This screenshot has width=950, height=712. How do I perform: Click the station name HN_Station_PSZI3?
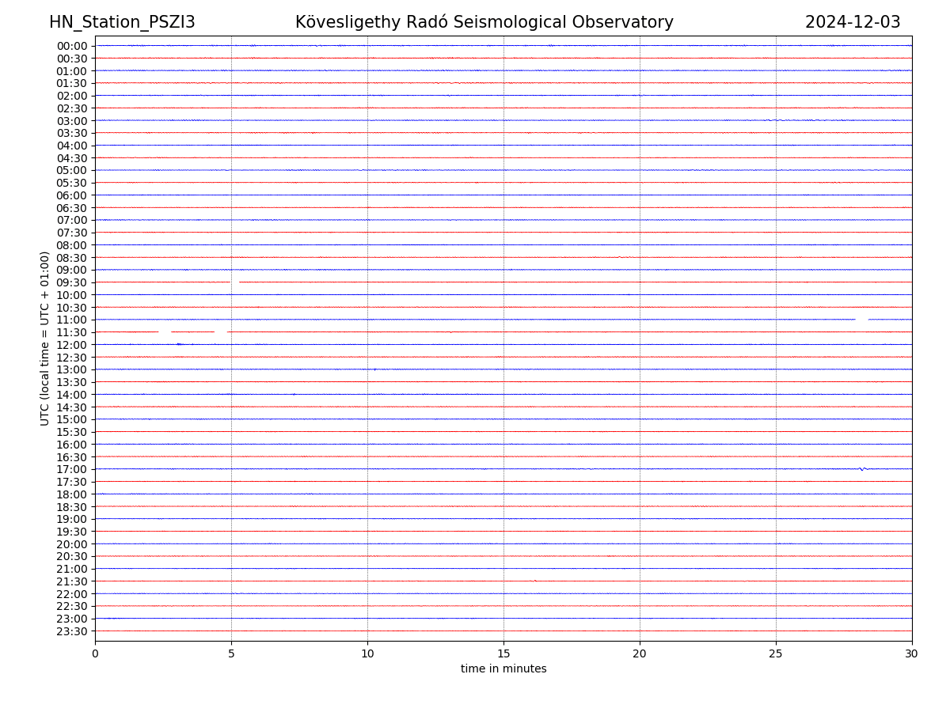[122, 22]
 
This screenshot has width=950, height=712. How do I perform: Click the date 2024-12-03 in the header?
[853, 22]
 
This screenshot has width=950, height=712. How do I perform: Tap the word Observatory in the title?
[630, 22]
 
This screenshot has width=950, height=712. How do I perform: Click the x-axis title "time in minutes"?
[503, 668]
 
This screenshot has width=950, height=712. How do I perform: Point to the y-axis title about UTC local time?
[45, 338]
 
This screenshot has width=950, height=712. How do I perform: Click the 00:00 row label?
[72, 46]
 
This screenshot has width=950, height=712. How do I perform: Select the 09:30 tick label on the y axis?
[72, 282]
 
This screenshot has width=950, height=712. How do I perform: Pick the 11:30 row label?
[72, 332]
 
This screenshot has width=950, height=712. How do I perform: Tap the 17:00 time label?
[72, 469]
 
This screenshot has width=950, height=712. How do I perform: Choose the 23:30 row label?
[72, 631]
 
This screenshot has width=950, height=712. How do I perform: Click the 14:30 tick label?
[72, 407]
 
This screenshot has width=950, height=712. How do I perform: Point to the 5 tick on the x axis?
[231, 653]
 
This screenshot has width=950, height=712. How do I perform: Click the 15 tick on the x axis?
[503, 653]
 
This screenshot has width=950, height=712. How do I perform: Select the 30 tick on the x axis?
[912, 653]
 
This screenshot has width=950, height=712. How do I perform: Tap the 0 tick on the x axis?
[95, 653]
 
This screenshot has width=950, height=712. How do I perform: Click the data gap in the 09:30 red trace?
[234, 282]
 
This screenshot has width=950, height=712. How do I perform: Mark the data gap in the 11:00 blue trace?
[861, 320]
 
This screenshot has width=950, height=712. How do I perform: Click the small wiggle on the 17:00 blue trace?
[862, 469]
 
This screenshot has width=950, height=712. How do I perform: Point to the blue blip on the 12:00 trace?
[180, 344]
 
